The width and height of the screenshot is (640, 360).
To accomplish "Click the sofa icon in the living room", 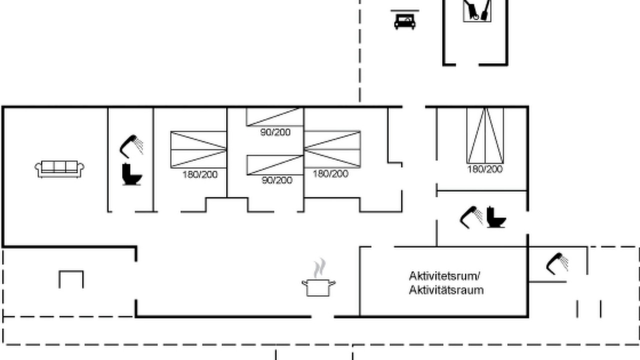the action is (x=59, y=169).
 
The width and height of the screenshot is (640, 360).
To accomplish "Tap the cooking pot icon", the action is (x=318, y=287).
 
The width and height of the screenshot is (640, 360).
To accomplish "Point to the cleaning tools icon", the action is (x=477, y=10).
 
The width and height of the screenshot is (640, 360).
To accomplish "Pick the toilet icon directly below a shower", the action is (x=131, y=174).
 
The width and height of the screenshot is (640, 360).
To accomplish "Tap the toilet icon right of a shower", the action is (x=496, y=217).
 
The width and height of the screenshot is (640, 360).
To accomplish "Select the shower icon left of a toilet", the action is (x=471, y=217).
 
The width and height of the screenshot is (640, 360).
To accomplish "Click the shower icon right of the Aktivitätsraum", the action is (x=557, y=263).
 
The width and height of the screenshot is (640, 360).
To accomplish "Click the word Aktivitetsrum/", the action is (x=444, y=276).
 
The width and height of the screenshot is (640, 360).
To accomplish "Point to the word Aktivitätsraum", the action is (x=446, y=290).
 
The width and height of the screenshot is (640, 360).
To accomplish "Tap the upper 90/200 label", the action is (x=275, y=132).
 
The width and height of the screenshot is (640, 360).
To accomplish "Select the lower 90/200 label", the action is (x=277, y=180).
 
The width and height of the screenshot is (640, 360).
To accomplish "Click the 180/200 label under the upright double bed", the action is (x=485, y=169).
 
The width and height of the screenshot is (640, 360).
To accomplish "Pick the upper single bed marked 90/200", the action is (x=274, y=117).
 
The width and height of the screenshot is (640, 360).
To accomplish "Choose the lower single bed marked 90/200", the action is (x=275, y=165).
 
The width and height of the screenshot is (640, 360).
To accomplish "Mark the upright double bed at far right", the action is (x=485, y=135).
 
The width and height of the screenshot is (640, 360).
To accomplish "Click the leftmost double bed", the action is (x=198, y=149).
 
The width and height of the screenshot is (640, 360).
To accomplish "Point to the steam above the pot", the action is (x=319, y=267).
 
